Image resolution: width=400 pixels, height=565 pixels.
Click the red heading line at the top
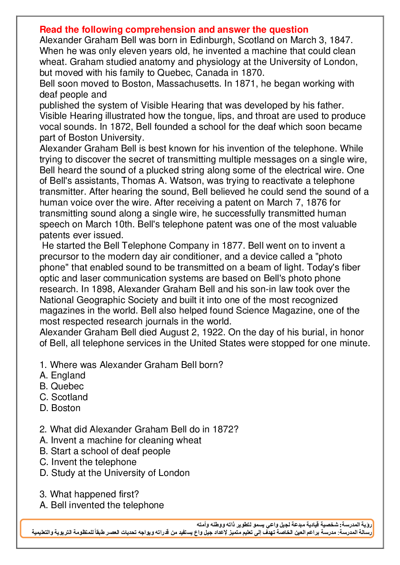click(x=174, y=29)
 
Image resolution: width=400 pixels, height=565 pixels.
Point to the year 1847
click(x=341, y=40)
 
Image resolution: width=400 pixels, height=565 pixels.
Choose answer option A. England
click(x=62, y=376)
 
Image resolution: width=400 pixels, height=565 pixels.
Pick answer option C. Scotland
click(x=64, y=397)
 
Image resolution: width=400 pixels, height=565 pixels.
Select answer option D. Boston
click(x=60, y=408)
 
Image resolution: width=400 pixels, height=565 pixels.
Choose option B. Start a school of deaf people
click(x=105, y=451)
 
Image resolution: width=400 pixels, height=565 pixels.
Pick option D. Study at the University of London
click(x=115, y=473)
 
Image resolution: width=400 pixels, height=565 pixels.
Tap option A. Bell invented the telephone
click(x=102, y=505)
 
